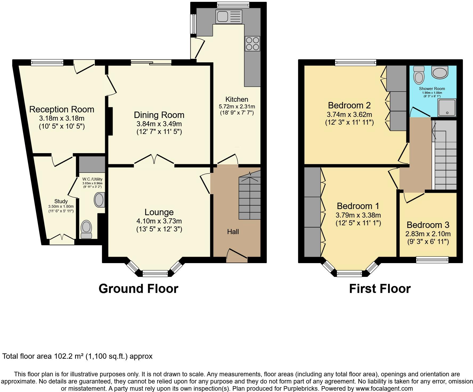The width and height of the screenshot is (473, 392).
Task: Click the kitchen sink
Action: pyautogui.click(x=229, y=17)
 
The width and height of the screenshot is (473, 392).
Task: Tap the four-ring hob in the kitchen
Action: pyautogui.click(x=252, y=44)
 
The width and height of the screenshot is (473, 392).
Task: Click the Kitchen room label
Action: pyautogui.click(x=237, y=100)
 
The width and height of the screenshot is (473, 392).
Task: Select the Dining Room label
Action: pyautogui.click(x=159, y=115)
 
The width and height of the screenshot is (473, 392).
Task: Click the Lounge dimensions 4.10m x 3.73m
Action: pyautogui.click(x=159, y=221)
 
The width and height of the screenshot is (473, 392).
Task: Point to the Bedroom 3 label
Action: pyautogui.click(x=428, y=225)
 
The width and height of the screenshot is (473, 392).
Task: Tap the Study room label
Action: pyautogui.click(x=61, y=201)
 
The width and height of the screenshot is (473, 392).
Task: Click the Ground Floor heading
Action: pyautogui.click(x=138, y=289)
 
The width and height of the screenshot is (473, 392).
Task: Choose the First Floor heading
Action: pyautogui.click(x=380, y=289)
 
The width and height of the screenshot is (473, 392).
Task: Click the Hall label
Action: pyautogui.click(x=233, y=232)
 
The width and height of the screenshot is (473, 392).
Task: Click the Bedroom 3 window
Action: pyautogui.click(x=432, y=260)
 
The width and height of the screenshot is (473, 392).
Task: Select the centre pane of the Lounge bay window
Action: pyautogui.click(x=155, y=273)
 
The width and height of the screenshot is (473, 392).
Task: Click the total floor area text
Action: pyautogui.click(x=78, y=356)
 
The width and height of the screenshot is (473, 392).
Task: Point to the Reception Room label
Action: pyautogui.click(x=62, y=109)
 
